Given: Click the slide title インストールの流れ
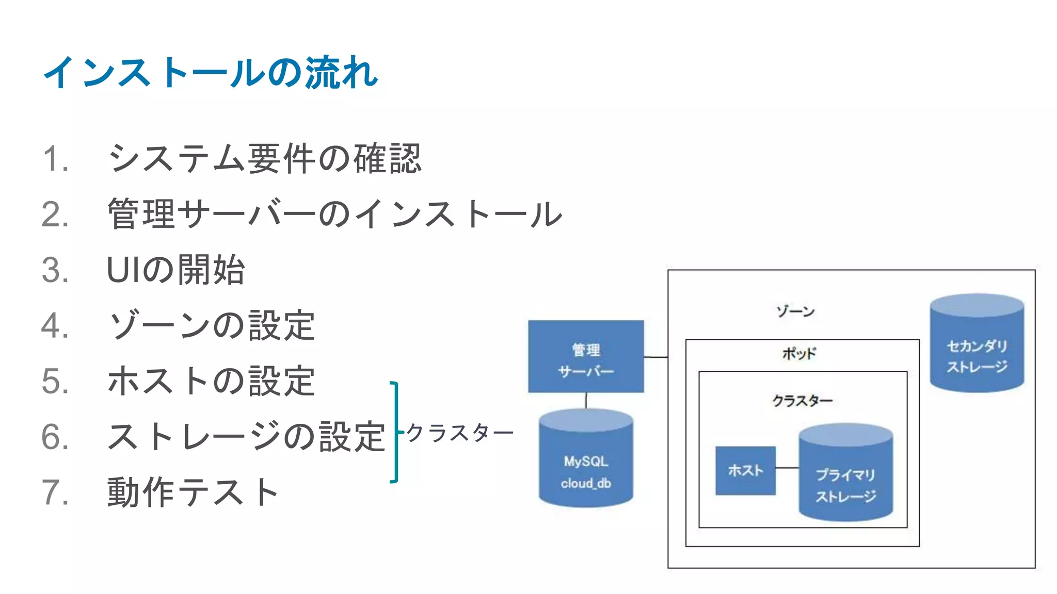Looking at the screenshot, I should pos(211,72).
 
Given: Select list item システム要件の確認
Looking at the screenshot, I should pos(264,158).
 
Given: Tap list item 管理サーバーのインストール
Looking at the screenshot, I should pos(334,214).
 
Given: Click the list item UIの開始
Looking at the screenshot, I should pos(175,270).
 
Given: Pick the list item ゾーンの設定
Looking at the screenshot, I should pos(211,325).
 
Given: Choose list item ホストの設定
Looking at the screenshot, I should pos(211,381).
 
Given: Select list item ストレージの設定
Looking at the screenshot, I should pos(246,437).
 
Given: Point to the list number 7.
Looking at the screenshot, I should pos(54,492).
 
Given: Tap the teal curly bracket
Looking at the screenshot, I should pos(395,432).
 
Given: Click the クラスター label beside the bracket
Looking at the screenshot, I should pos(459,433).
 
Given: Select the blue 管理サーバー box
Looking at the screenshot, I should pos(586,357).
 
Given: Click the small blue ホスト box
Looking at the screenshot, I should pos(745,470).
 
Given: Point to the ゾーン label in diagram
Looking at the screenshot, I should pos(795,311).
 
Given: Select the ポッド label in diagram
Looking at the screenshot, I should pos(799,354).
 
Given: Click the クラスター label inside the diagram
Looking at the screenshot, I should pos(802,401).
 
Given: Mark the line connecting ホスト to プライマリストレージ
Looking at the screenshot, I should pos(787,468).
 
